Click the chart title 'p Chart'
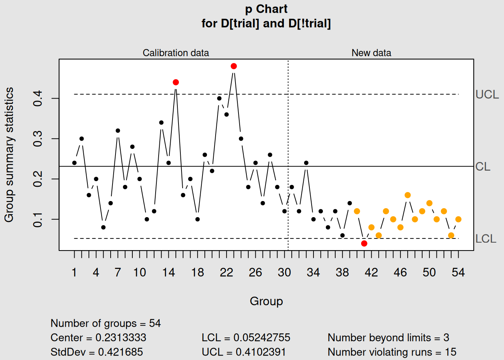pyautogui.click(x=266, y=9)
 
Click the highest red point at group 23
pyautogui.click(x=234, y=66)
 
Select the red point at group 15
pyautogui.click(x=176, y=82)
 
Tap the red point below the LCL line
pyautogui.click(x=364, y=244)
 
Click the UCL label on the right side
pyautogui.click(x=487, y=94)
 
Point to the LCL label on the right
pyautogui.click(x=486, y=239)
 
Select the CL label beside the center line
pyautogui.click(x=483, y=166)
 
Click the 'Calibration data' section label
pyautogui.click(x=175, y=53)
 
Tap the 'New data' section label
pyautogui.click(x=371, y=53)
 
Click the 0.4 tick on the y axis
pyautogui.click(x=38, y=99)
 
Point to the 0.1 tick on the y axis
pyautogui.click(x=38, y=219)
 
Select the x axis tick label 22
pyautogui.click(x=226, y=273)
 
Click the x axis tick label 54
pyautogui.click(x=458, y=273)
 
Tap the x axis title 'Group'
pyautogui.click(x=266, y=301)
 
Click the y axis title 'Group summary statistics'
pyautogui.click(x=9, y=155)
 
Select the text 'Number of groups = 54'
pyautogui.click(x=105, y=323)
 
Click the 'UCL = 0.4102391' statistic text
pyautogui.click(x=243, y=352)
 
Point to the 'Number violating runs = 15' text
pyautogui.click(x=392, y=352)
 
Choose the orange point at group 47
pyautogui.click(x=408, y=195)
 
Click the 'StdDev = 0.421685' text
pyautogui.click(x=97, y=352)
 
